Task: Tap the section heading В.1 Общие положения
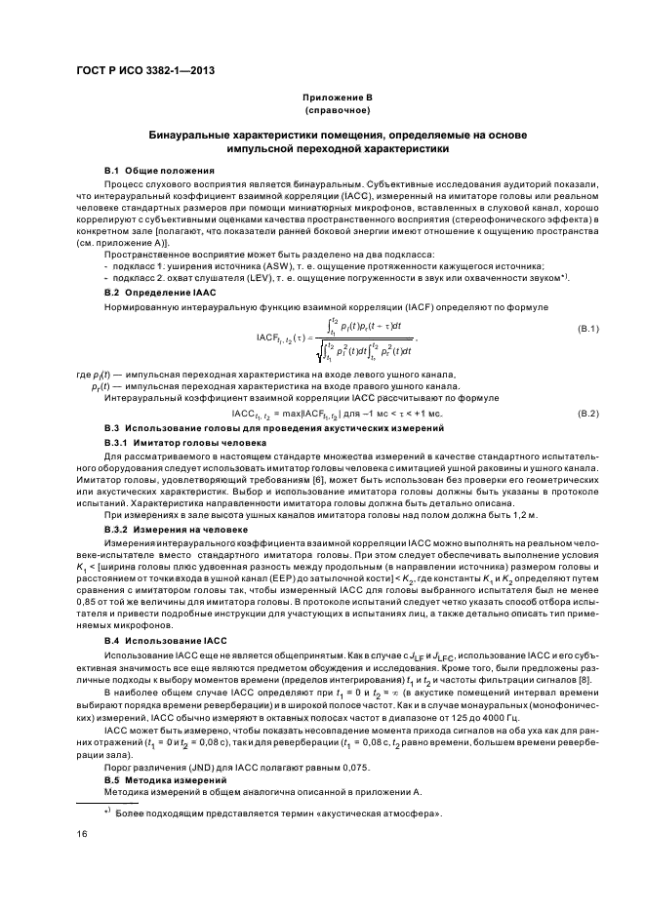point(152,170)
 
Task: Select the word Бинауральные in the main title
point(194,134)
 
